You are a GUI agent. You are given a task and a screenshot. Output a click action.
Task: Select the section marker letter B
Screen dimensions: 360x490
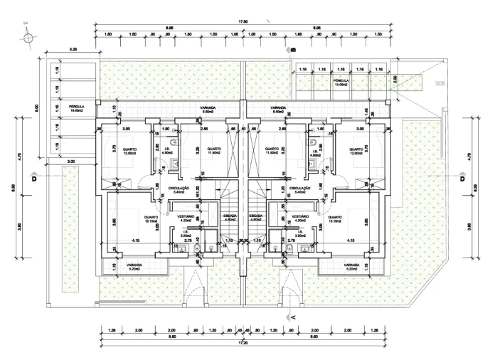coord(292,49)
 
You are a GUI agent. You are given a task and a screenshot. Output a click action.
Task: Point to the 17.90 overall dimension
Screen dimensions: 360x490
coord(243,22)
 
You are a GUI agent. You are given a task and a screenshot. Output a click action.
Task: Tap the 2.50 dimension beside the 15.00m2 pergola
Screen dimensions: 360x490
coord(395,80)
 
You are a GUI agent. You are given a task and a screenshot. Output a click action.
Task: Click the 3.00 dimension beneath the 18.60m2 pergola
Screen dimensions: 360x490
coord(70,162)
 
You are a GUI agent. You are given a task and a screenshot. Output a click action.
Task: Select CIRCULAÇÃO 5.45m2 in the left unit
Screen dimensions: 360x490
coord(176,190)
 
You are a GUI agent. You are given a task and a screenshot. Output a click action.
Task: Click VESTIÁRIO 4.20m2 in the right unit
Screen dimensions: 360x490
coord(299,218)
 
